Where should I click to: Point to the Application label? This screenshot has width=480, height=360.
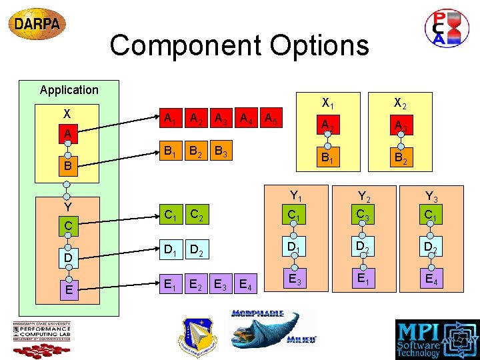click(69, 90)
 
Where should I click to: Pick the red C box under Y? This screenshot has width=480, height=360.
click(68, 226)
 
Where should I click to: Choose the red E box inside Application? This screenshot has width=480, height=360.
click(68, 289)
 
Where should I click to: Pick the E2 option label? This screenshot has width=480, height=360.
click(197, 285)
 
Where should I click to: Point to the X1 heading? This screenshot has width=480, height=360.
click(327, 103)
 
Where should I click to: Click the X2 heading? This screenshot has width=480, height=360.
click(400, 103)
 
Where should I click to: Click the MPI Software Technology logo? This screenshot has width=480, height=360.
click(437, 339)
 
